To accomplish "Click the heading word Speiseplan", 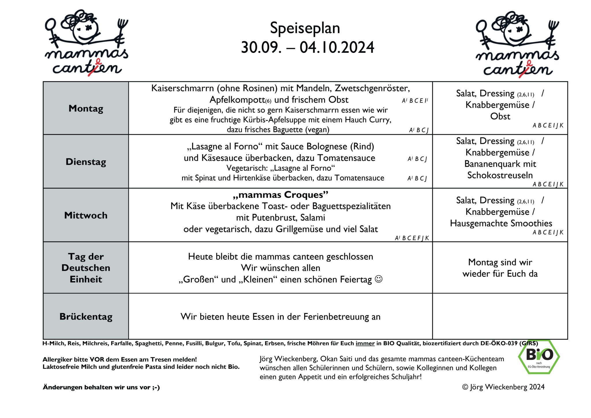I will coord(305,28).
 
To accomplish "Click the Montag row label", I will coord(86,108).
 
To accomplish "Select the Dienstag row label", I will coord(86,162).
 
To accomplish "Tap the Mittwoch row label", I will coord(86,215).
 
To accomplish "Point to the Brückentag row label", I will coord(86,316).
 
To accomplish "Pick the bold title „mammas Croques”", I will coord(280,195).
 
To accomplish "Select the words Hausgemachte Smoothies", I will coord(501,223).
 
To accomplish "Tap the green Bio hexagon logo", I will coord(539,357).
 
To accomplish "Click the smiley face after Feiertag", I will coord(378,279).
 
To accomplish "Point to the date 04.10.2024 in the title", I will coord(337,48).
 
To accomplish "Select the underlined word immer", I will coord(365,344).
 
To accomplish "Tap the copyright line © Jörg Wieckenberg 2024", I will coord(503,387).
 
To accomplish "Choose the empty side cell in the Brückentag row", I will coord(500,316).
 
